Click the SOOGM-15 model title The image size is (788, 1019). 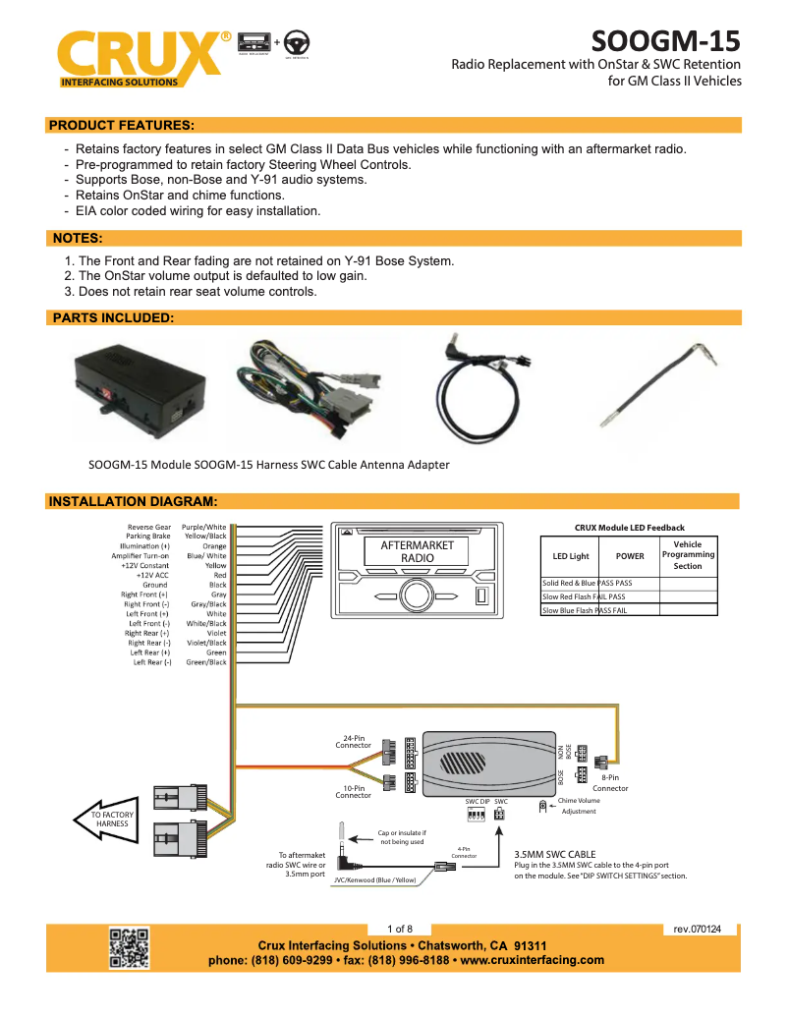click(665, 42)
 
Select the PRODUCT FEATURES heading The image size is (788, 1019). click(121, 125)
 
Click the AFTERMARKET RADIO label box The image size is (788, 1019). click(417, 550)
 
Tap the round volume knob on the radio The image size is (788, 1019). click(416, 594)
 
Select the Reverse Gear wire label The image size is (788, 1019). click(148, 528)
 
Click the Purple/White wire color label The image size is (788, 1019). click(204, 528)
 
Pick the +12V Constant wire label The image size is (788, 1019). click(145, 566)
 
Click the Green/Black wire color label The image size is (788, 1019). click(206, 662)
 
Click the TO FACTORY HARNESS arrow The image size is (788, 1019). click(107, 820)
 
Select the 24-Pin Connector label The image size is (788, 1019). click(354, 741)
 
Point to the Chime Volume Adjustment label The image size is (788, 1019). click(578, 806)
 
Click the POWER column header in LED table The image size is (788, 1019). click(630, 556)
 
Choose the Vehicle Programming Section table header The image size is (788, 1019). click(688, 555)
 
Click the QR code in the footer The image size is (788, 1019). click(129, 947)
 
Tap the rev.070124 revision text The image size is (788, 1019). click(697, 929)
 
